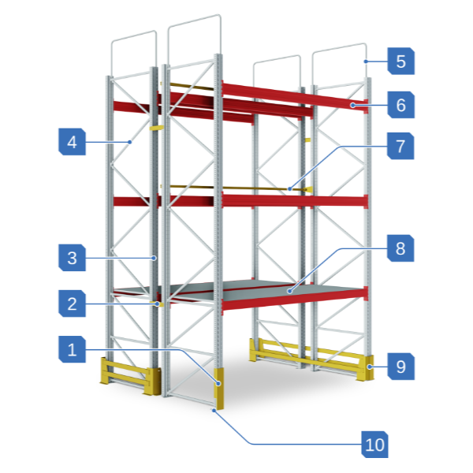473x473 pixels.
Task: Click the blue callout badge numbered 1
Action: click(x=72, y=349)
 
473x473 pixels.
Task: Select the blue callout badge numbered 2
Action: click(x=72, y=304)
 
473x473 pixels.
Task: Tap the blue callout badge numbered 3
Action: click(x=72, y=258)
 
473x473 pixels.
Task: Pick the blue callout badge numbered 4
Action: click(x=72, y=142)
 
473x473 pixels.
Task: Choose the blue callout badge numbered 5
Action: click(x=401, y=61)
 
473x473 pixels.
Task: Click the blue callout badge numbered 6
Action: click(x=401, y=105)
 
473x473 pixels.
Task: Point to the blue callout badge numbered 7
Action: click(x=400, y=146)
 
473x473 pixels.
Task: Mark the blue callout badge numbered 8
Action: click(x=400, y=248)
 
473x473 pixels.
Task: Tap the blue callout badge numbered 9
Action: click(x=401, y=367)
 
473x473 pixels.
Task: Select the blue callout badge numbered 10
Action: click(x=374, y=445)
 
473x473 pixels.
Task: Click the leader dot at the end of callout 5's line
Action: click(x=366, y=61)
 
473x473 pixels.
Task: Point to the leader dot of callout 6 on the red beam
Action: click(x=352, y=105)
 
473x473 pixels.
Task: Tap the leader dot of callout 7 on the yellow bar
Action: click(x=289, y=189)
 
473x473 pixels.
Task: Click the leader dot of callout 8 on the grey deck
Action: click(x=289, y=291)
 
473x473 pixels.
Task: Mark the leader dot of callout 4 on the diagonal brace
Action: click(x=130, y=142)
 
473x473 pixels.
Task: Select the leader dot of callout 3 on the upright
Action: click(x=154, y=258)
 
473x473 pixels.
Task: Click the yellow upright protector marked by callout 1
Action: click(x=219, y=389)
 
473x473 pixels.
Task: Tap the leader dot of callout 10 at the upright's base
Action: click(x=214, y=410)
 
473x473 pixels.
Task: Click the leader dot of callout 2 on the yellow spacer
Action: click(x=157, y=304)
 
